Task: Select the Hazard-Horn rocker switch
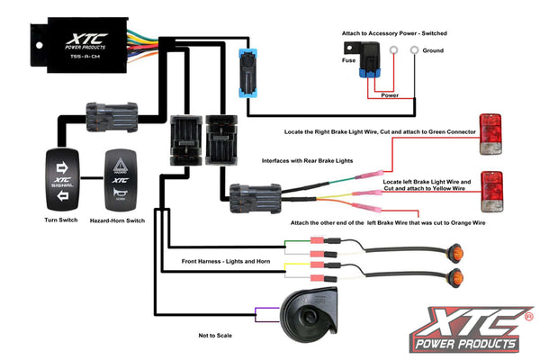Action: pos(120,180)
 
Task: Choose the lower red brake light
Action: pos(490,186)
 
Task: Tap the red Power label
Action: pos(391,94)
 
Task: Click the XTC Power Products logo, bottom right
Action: pos(472,328)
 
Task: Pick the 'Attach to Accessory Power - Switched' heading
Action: pos(394,33)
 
